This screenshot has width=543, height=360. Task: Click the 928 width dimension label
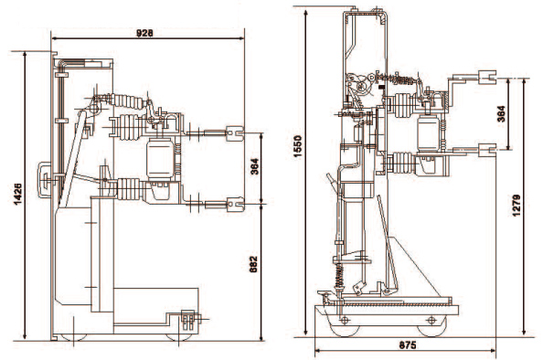[x=144, y=33]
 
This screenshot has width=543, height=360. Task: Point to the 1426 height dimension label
[x=17, y=194]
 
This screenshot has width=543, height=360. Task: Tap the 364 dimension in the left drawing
[x=254, y=166]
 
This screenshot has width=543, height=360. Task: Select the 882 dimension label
[x=253, y=264]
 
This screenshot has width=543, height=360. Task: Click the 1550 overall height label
[x=297, y=146]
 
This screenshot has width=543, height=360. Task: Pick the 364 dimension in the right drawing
[x=501, y=114]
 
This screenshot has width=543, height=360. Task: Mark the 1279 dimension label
[x=516, y=206]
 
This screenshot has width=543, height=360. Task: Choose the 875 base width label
[x=408, y=345]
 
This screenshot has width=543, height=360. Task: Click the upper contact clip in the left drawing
[x=235, y=132]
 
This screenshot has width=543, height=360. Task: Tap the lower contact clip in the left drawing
[x=236, y=204]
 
